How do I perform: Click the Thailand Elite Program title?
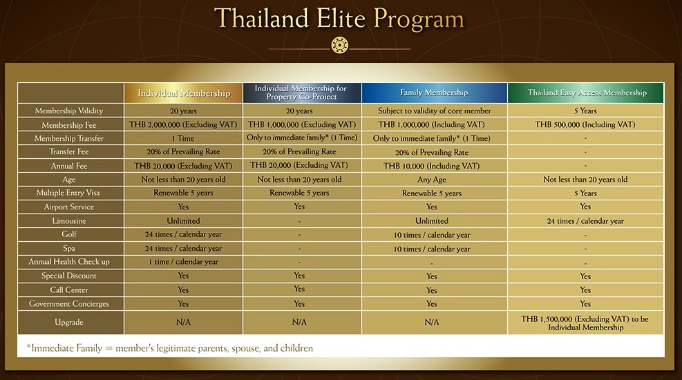coord(339,19)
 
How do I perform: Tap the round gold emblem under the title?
coord(340,45)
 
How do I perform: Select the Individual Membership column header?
coord(184,93)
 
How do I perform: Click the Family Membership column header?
coord(434,93)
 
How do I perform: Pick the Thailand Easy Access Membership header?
coord(587,93)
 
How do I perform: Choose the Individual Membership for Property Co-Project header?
coord(301,93)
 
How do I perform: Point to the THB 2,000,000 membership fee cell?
coord(183,125)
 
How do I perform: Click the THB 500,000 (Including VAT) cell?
coord(585,125)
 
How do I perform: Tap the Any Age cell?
coord(431,180)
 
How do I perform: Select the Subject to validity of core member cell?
coord(434,111)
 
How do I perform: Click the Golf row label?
coord(68,234)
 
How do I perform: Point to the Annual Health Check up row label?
coord(68,262)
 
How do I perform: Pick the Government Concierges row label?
coord(68,304)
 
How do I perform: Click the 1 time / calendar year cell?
coord(183,262)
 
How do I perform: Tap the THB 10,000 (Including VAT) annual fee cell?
coord(431,166)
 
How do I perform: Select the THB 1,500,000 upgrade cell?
coord(585,323)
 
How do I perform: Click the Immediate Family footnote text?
coord(169,348)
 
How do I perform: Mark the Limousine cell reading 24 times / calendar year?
coord(585,221)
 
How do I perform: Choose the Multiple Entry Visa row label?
coord(68,193)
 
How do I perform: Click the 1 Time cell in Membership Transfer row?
coord(183,138)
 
